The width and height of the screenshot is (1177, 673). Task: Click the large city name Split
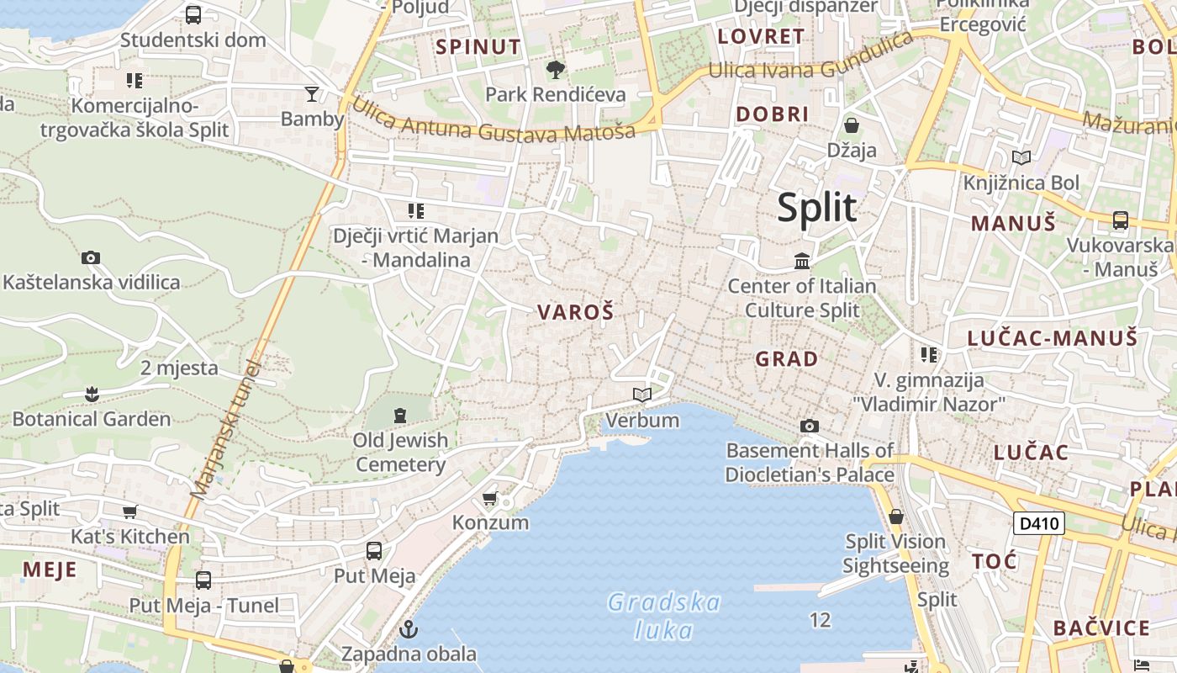click(816, 208)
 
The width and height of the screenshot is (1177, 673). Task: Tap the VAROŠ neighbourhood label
click(576, 313)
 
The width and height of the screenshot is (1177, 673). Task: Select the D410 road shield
click(1038, 524)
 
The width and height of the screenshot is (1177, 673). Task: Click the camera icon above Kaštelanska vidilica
click(91, 258)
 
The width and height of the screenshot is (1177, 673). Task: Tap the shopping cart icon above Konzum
click(490, 499)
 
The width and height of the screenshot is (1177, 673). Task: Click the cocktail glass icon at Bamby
click(312, 93)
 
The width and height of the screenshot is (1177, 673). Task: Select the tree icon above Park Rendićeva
click(555, 69)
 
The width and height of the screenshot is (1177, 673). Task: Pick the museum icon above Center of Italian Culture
click(802, 262)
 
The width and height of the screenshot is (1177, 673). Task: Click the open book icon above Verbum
click(642, 395)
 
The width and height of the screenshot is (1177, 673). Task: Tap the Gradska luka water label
click(664, 616)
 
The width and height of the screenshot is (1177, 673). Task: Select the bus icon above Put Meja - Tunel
click(203, 580)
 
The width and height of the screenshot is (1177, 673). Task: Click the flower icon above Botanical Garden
click(92, 393)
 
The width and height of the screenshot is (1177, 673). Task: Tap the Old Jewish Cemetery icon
click(400, 414)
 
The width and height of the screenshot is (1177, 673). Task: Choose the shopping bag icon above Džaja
click(852, 126)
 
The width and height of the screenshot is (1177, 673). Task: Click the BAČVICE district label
click(1101, 628)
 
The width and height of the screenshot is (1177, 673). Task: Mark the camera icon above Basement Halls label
click(810, 426)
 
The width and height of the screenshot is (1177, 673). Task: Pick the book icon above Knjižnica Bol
click(1021, 157)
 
